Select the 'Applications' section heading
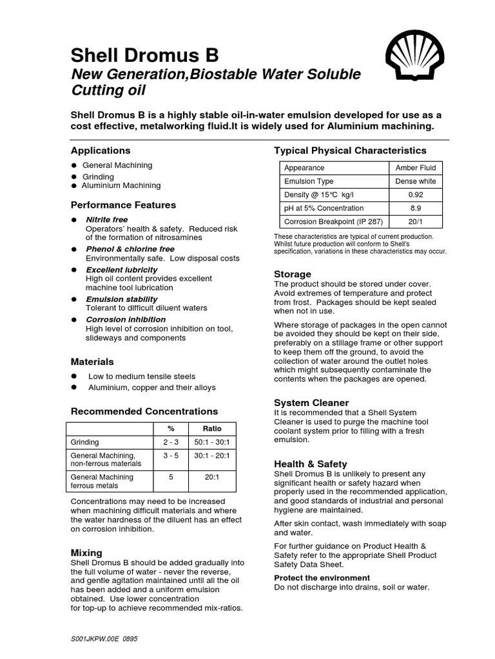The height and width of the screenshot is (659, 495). [x=100, y=151]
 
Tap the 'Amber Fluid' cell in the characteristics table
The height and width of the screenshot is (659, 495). [x=416, y=167]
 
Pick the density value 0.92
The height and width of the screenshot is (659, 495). [x=416, y=194]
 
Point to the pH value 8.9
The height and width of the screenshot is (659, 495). [x=416, y=208]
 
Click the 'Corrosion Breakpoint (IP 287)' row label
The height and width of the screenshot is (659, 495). [x=333, y=221]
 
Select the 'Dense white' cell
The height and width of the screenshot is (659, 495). [x=416, y=181]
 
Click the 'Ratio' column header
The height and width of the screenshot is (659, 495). [x=212, y=429]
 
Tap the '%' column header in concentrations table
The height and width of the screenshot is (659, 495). [x=171, y=429]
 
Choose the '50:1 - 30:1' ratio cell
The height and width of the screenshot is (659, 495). [x=212, y=442]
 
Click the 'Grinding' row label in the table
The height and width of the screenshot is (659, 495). [x=85, y=442]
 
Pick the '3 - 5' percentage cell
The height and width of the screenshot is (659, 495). [x=171, y=455]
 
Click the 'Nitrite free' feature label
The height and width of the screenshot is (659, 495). [x=106, y=220]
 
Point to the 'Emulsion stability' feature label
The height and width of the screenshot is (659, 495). [x=121, y=299]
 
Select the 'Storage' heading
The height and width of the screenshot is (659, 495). [x=293, y=274]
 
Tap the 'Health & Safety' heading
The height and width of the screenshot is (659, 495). [x=311, y=463]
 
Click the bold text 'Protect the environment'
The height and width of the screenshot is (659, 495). [x=322, y=578]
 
